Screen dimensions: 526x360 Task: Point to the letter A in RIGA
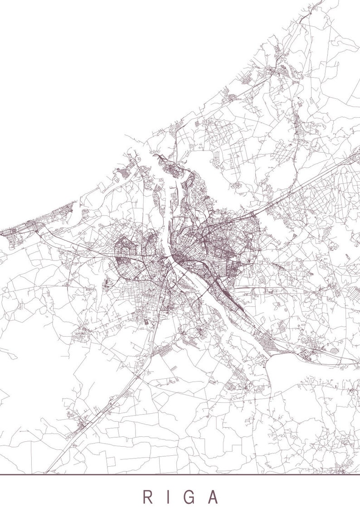pos(213,497)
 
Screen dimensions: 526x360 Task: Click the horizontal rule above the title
pos(180,474)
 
